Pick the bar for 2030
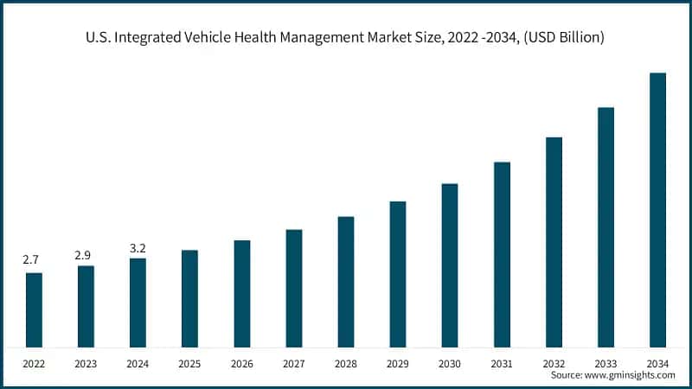(x=450, y=265)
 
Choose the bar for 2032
(x=554, y=241)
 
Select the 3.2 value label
(x=138, y=248)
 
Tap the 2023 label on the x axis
(x=86, y=364)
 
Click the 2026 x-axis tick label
(x=241, y=364)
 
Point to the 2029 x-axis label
(x=398, y=364)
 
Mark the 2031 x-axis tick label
(x=502, y=364)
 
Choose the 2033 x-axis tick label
(x=605, y=364)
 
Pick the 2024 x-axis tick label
(x=138, y=364)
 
